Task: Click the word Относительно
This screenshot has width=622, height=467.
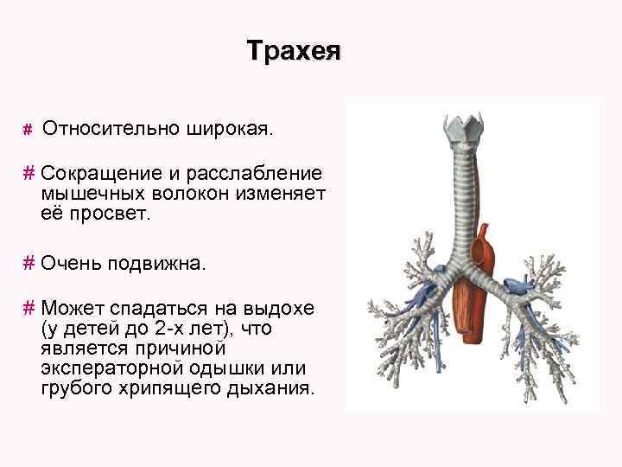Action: click(x=110, y=129)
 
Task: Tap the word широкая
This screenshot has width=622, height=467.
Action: click(x=227, y=129)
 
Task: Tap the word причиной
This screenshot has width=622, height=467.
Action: click(x=176, y=349)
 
